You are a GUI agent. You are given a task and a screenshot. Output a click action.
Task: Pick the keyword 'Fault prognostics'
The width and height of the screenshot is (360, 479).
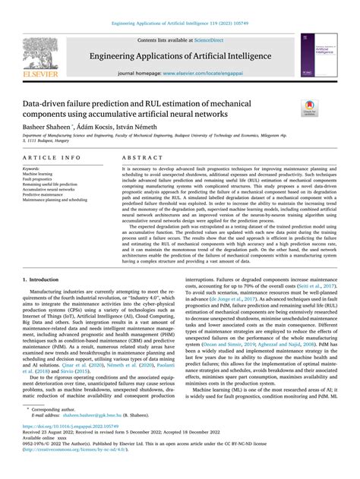coord(39,178)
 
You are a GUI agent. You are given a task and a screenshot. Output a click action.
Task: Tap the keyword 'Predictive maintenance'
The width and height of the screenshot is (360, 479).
coord(43,194)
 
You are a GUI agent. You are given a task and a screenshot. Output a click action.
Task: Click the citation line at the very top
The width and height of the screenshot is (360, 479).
coord(180,7)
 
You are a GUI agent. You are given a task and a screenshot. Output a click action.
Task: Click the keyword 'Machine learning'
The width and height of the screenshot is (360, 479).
coord(39,173)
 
